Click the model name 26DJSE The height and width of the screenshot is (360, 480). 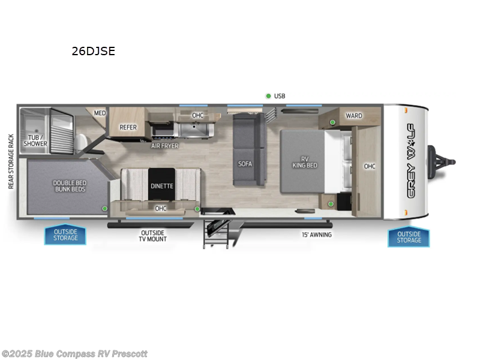pos(93,52)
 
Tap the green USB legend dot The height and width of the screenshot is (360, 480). pos(268,96)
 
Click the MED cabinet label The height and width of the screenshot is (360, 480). pos(100,113)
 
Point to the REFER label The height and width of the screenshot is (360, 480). pos(128,127)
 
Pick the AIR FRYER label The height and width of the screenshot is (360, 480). pos(164,146)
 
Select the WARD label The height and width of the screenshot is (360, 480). pos(354,115)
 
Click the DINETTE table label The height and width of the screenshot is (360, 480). pos(162,186)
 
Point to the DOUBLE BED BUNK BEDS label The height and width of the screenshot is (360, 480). pos(69,186)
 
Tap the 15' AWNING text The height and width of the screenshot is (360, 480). pos(316,235)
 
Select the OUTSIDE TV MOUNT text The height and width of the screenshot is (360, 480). pos(154,236)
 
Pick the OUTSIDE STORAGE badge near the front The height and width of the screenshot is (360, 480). pos(409,237)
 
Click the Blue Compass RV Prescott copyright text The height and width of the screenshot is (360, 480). pos(74,354)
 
